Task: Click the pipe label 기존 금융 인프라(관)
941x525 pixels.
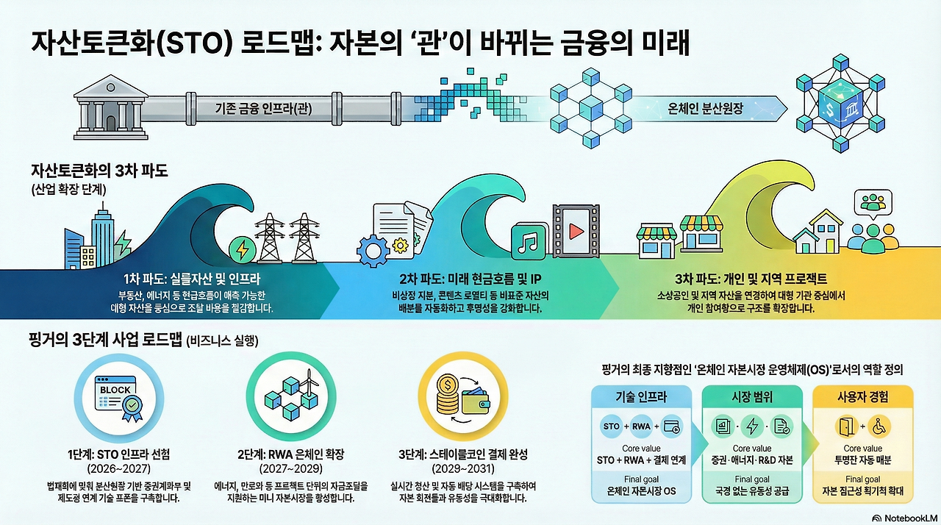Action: (260, 109)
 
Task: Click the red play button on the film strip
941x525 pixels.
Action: (576, 232)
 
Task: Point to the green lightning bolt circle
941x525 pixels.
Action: (240, 249)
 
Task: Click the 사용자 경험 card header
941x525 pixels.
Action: (862, 397)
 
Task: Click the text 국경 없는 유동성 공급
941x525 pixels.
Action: (751, 490)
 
